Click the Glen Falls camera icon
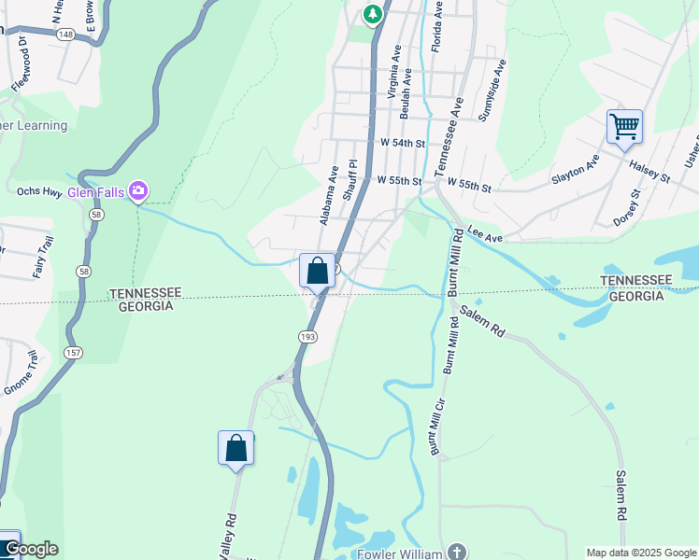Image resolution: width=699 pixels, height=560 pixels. coord(138,191)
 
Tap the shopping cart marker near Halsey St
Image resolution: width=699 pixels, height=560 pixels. coord(624,125)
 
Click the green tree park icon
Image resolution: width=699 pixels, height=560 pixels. coord(373,13)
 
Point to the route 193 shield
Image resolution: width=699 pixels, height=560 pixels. coord(307,336)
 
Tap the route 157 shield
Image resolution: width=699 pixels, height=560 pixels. coord(72,352)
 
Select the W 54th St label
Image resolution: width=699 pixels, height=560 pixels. coord(403,144)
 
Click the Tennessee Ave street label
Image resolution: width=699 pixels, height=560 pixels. coord(449,133)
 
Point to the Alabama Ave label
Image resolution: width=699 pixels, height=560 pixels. coord(328,196)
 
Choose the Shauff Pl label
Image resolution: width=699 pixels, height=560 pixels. coord(349,179)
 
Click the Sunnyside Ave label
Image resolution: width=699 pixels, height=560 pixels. coord(492,91)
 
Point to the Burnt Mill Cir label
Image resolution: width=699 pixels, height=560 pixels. coord(434,427)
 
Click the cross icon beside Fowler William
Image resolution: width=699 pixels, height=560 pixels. coord(455,552)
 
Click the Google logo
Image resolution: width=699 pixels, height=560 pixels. coord(32,549)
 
